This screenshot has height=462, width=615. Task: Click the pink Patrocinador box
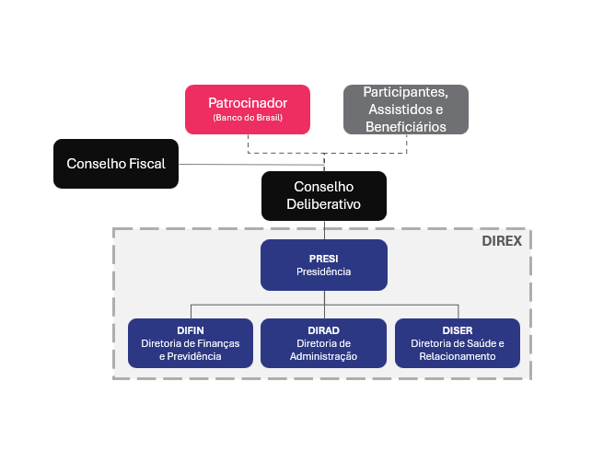click(248, 109)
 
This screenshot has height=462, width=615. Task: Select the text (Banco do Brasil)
click(248, 118)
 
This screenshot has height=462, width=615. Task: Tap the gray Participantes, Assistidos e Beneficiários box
click(405, 109)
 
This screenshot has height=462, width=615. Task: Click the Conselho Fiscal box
click(116, 164)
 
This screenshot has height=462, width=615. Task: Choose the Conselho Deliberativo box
click(324, 195)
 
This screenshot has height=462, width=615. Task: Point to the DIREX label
click(502, 242)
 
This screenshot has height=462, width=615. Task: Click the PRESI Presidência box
click(324, 264)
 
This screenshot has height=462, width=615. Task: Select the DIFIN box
click(190, 342)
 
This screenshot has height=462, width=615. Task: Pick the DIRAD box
click(324, 342)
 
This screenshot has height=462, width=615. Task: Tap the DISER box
click(458, 342)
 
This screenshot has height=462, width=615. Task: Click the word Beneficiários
click(405, 126)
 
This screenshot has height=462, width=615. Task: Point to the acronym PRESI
click(324, 258)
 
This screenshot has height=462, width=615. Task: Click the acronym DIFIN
click(190, 330)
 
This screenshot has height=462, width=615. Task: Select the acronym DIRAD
click(324, 330)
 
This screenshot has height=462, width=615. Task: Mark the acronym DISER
click(458, 330)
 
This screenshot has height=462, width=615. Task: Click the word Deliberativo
click(324, 204)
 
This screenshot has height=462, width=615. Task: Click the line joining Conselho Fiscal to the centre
click(249, 165)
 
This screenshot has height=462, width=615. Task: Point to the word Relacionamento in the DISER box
click(458, 356)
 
